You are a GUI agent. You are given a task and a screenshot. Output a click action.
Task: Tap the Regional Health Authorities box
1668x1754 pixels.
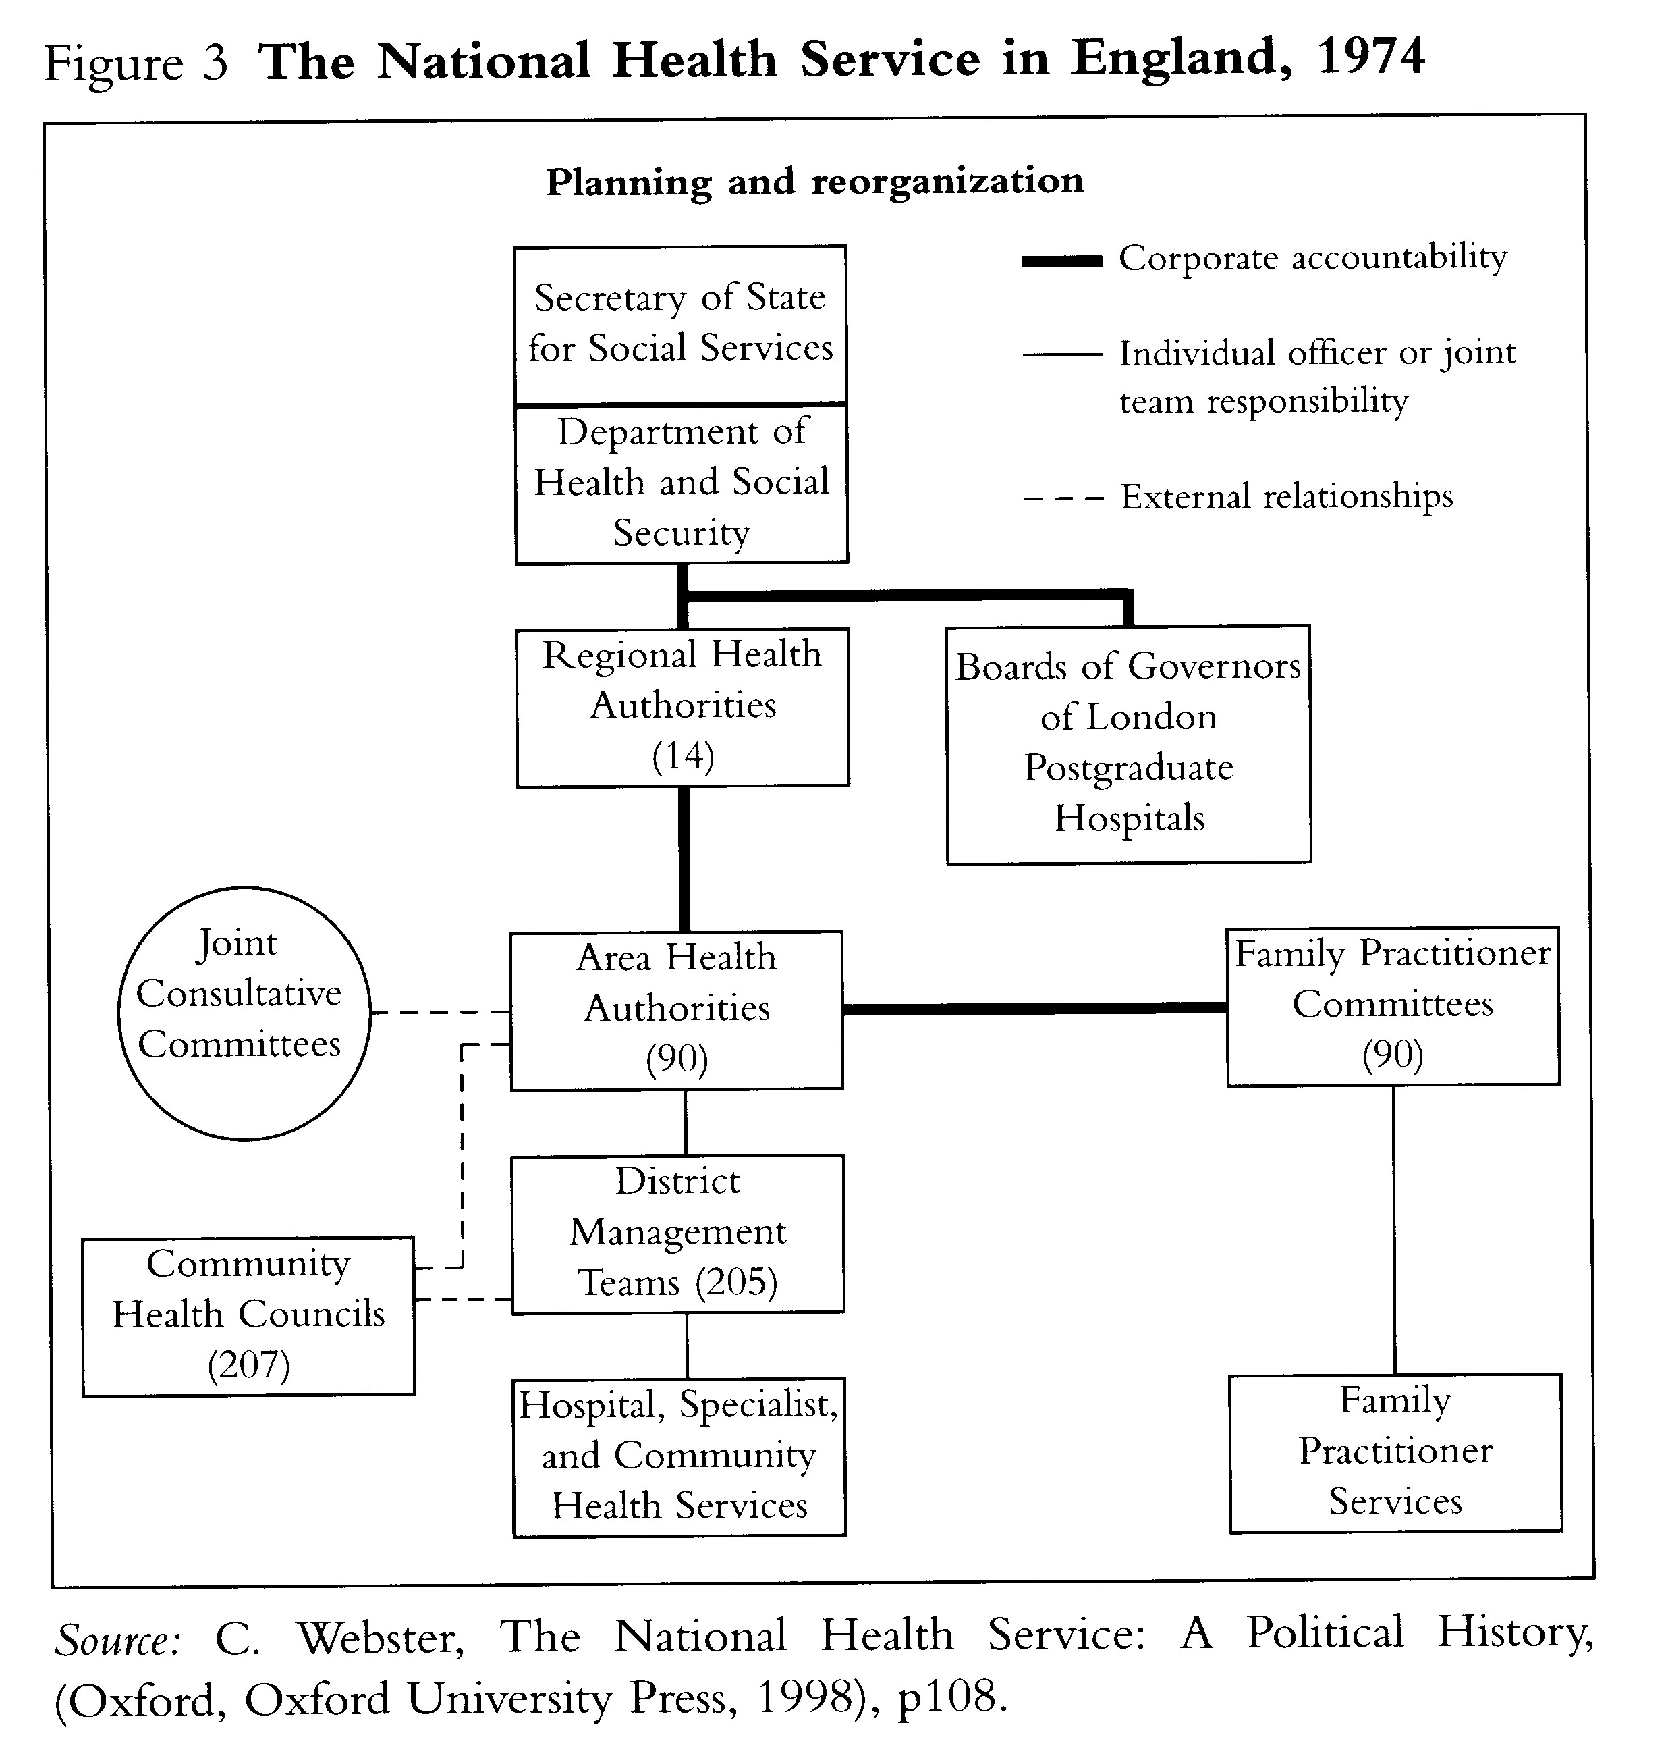[x=682, y=706]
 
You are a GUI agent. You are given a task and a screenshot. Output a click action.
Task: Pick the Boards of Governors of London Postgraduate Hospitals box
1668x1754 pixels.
[x=1128, y=743]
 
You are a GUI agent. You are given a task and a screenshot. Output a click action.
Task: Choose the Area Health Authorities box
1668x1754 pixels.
[x=675, y=1009]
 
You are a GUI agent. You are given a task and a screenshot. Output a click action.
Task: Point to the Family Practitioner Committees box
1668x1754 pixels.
[x=1393, y=1005]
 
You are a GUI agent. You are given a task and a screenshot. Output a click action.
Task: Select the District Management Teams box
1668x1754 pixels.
[x=677, y=1233]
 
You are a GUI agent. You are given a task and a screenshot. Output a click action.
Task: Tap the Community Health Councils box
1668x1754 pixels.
[x=248, y=1315]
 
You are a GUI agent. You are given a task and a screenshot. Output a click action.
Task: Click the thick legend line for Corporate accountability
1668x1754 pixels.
[x=1061, y=261]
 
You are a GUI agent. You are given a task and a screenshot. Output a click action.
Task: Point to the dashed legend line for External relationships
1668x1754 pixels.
[x=1063, y=499]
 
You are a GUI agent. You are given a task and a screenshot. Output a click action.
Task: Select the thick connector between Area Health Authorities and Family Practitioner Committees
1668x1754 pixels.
[x=1034, y=1009]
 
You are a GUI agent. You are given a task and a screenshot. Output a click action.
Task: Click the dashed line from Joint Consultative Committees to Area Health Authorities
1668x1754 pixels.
[x=440, y=1012]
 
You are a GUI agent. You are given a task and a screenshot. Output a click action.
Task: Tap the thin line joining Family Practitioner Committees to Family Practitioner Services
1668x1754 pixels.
[x=1393, y=1229]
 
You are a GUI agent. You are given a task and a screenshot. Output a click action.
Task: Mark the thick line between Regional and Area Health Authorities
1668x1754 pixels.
[x=684, y=858]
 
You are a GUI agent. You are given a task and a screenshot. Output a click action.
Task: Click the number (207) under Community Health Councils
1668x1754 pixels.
[x=248, y=1364]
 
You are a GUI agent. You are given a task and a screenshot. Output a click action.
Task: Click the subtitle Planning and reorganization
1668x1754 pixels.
[x=814, y=182]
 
